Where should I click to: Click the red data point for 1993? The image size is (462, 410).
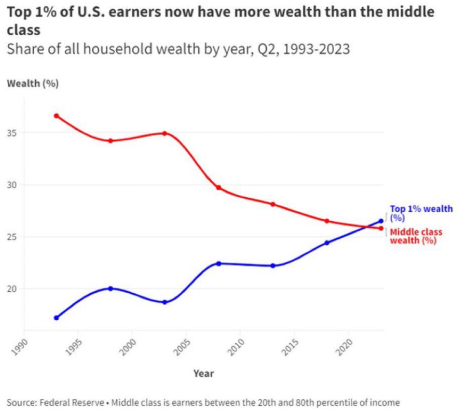pyautogui.click(x=56, y=116)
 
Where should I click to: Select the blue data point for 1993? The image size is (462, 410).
pyautogui.click(x=56, y=318)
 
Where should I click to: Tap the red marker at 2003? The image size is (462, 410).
pyautogui.click(x=165, y=133)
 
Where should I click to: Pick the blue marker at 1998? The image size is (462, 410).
pyautogui.click(x=111, y=289)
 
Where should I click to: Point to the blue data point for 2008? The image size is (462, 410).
pyautogui.click(x=219, y=264)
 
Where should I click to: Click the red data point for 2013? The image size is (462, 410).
pyautogui.click(x=273, y=204)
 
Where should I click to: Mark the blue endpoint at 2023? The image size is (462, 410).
pyautogui.click(x=381, y=221)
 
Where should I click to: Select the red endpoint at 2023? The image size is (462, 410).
pyautogui.click(x=381, y=228)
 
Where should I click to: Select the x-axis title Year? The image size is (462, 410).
pyautogui.click(x=204, y=373)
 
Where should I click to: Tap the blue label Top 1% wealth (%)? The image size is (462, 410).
pyautogui.click(x=421, y=213)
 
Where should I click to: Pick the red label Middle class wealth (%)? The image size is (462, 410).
pyautogui.click(x=416, y=236)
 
